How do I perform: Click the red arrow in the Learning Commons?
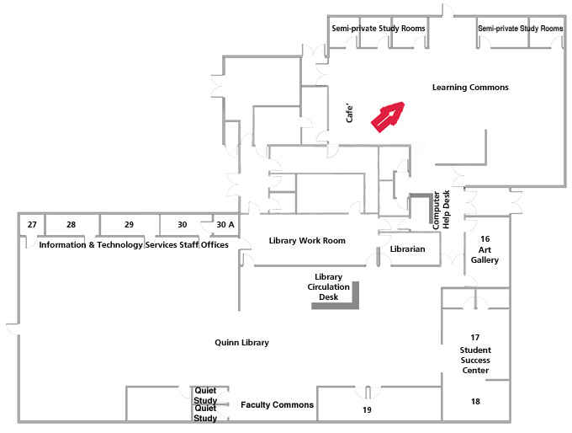[x=388, y=116]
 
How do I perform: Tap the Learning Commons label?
[x=470, y=88]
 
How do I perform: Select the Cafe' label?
[x=350, y=114]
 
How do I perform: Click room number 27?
[x=32, y=225]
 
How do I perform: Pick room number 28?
[x=71, y=225]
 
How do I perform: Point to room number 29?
[x=129, y=225]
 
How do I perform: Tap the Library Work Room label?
[x=307, y=241]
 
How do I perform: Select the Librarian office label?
[x=408, y=249]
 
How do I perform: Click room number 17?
[x=474, y=337]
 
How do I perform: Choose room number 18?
[x=475, y=402]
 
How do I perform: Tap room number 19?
[x=367, y=410]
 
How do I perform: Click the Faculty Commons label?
[x=277, y=405]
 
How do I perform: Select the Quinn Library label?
[x=241, y=343]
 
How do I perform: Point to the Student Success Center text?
[x=475, y=360]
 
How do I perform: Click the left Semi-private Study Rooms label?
[x=378, y=29]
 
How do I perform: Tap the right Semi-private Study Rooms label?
[x=520, y=29]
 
